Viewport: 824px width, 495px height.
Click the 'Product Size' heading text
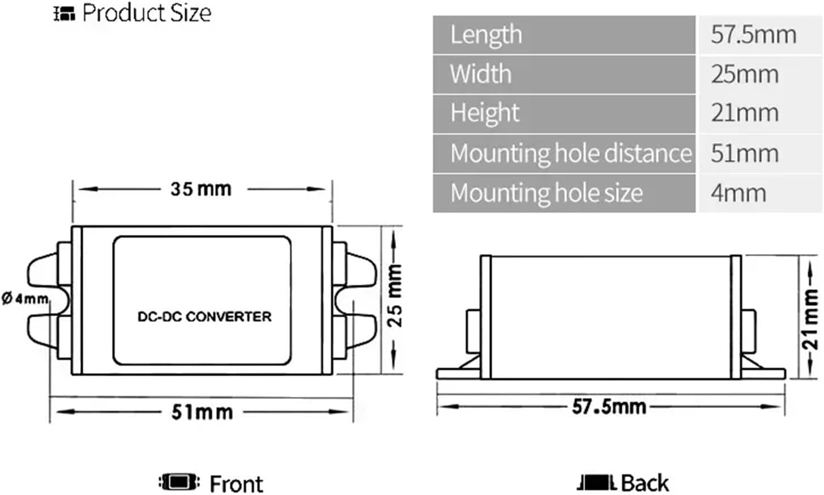146,12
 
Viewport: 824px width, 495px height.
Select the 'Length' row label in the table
486,35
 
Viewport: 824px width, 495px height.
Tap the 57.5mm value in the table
753,35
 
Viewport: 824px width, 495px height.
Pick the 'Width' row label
480,74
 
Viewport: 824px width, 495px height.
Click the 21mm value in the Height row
745,113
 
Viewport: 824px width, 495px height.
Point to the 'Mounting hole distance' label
570,153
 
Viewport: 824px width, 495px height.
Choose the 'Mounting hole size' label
547,193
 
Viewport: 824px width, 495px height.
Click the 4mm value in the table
738,193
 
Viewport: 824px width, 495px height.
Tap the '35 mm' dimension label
201,189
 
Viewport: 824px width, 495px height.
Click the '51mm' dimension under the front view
202,412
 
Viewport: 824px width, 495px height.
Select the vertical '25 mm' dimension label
395,296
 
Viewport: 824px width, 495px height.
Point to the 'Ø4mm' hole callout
25,298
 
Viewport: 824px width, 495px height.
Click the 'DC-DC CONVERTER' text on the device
204,317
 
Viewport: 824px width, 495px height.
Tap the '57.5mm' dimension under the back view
609,406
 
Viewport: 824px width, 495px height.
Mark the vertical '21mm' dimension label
810,318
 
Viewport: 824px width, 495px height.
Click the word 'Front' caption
236,484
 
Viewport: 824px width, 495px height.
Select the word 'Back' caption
644,483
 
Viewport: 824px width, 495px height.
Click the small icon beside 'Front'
179,483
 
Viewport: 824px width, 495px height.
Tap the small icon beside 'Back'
596,483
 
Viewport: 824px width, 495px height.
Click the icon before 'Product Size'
64,14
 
